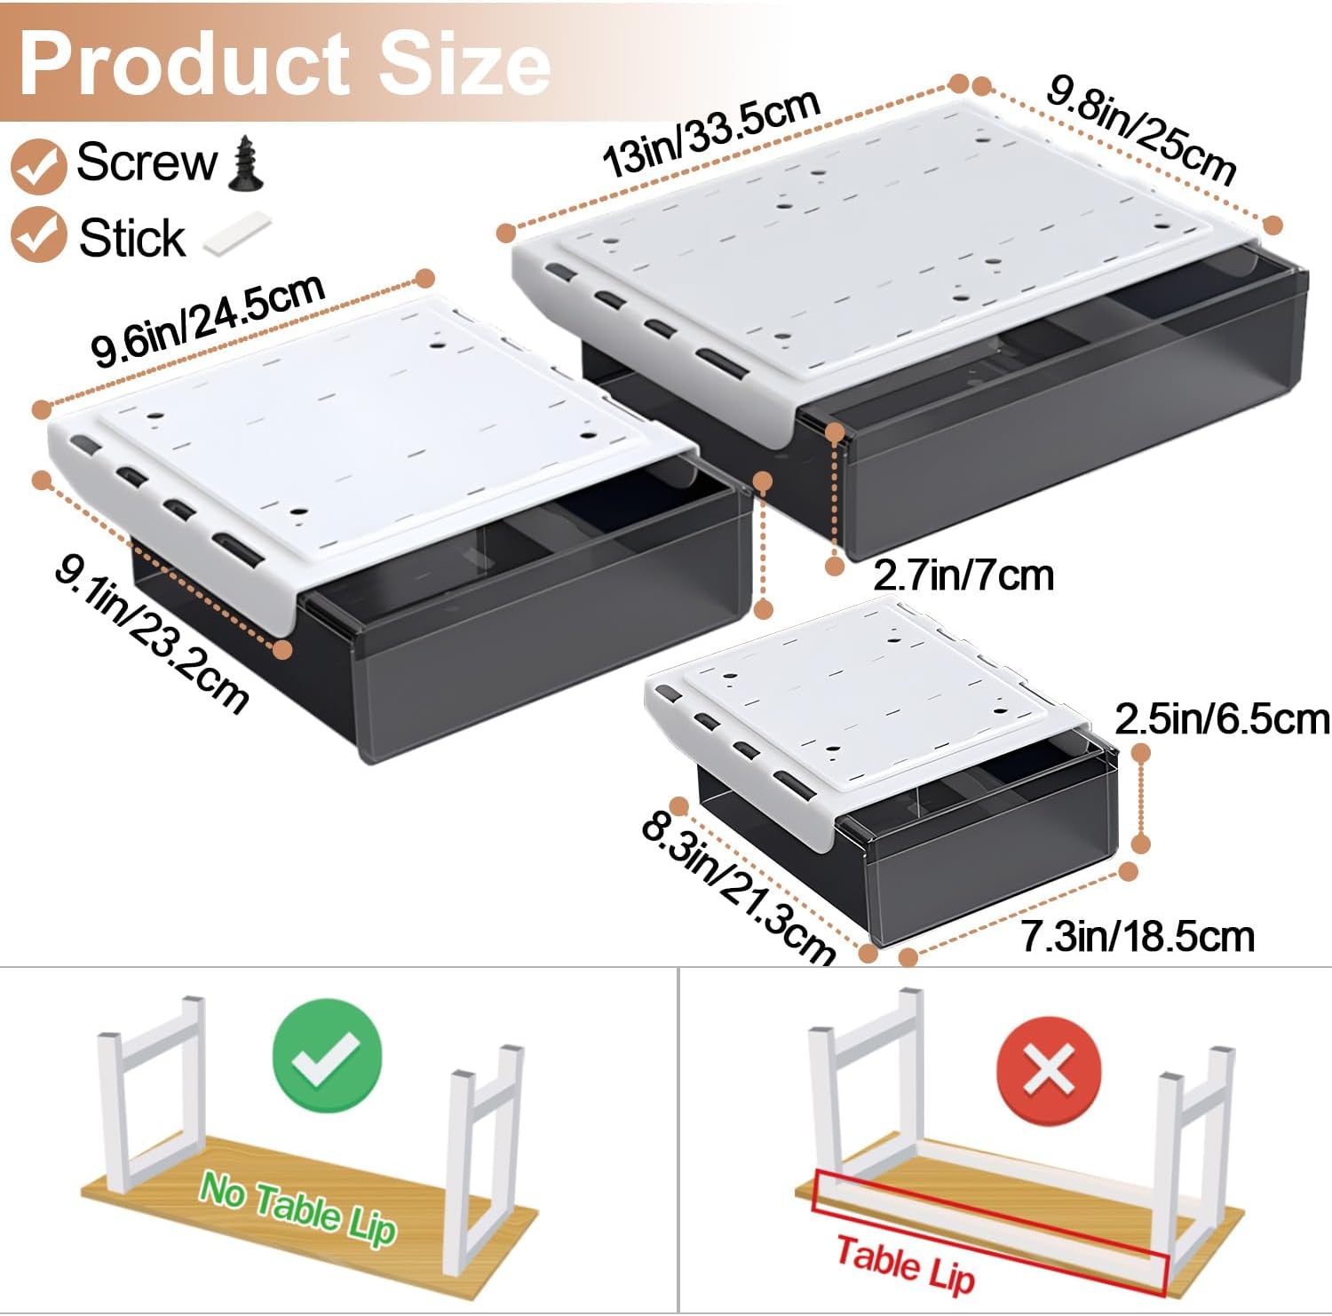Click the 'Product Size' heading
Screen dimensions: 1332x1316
(284, 62)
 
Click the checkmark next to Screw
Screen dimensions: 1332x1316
(38, 164)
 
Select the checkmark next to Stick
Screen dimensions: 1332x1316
(38, 234)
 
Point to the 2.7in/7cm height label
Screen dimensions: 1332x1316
(963, 575)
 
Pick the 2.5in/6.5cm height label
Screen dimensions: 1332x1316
(1222, 719)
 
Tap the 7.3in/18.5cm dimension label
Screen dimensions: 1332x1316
(1137, 937)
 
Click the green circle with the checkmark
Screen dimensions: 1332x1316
(328, 1055)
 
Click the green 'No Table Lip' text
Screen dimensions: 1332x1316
(297, 1209)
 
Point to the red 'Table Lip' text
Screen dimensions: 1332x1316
(906, 1264)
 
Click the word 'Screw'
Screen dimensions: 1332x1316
(147, 163)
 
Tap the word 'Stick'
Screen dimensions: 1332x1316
(132, 237)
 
